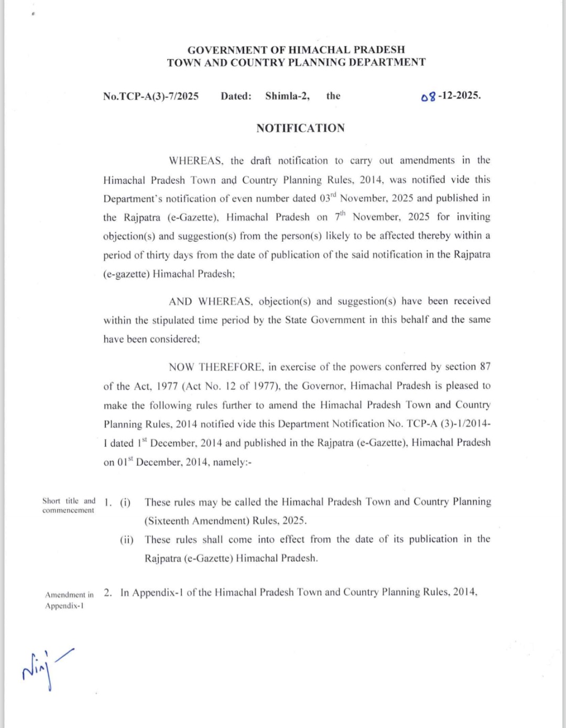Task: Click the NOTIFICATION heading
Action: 300,128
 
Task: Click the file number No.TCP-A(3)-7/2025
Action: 151,96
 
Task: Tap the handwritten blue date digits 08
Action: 428,97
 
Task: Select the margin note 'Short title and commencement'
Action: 69,506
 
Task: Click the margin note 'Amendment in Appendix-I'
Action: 69,600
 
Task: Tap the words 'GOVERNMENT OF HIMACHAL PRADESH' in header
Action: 296,50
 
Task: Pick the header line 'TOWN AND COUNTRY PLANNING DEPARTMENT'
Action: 296,62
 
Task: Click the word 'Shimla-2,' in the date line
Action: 287,96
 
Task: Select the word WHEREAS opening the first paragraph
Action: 197,160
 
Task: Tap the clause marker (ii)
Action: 126,540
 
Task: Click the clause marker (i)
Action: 125,502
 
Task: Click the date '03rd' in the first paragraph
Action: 328,198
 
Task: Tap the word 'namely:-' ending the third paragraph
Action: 232,463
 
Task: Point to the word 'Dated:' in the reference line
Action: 236,96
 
